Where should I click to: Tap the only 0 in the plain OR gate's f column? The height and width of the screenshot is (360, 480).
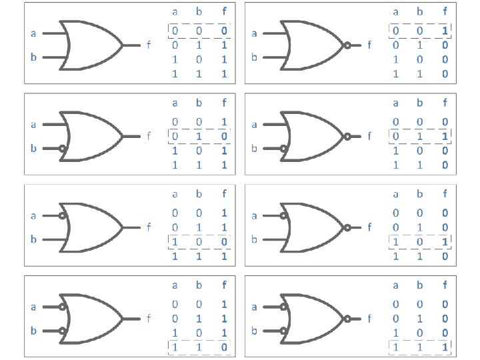(224, 31)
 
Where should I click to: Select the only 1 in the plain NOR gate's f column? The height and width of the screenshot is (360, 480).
(445, 31)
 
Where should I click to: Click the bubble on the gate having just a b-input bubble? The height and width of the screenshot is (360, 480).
(62, 149)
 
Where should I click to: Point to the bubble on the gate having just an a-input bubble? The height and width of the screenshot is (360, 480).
(62, 216)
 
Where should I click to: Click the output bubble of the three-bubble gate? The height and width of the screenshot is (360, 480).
(348, 319)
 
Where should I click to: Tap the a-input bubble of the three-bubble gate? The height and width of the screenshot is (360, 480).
(283, 307)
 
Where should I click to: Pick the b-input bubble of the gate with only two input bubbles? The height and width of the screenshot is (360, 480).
(62, 331)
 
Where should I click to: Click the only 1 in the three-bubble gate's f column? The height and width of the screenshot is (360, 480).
(445, 347)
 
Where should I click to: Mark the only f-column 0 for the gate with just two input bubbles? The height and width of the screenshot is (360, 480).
(224, 347)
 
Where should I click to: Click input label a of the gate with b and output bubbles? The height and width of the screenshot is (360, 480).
(254, 124)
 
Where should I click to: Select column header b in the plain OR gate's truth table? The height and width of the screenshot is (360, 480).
(199, 11)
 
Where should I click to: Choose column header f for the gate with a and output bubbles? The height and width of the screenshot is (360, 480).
(445, 194)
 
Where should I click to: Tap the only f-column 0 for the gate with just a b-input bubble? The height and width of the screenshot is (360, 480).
(224, 137)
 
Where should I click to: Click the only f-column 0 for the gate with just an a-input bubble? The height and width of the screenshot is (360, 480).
(224, 241)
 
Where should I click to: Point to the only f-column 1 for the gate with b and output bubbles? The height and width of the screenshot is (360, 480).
(445, 137)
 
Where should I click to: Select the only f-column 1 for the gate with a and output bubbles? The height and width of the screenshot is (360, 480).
(445, 241)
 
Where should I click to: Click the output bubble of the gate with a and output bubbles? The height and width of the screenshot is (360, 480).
(348, 227)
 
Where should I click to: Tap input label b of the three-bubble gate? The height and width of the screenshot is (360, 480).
(254, 331)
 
